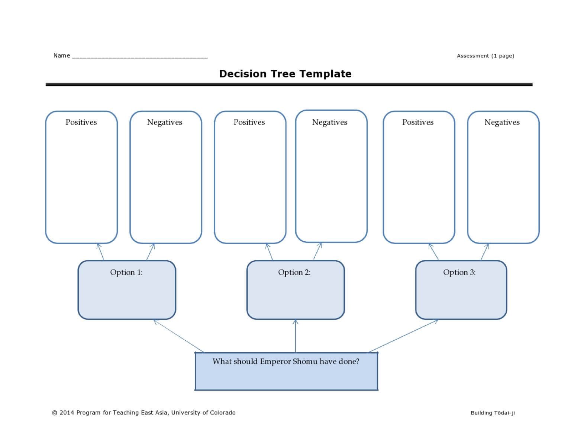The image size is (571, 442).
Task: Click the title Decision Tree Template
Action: coord(285,74)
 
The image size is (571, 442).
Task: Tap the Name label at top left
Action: coord(61,55)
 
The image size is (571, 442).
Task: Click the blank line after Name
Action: coord(139,57)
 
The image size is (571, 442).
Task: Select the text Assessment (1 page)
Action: coord(485,56)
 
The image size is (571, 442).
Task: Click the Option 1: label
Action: coord(126,272)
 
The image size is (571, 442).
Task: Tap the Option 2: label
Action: coord(294,272)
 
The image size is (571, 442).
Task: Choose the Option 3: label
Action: coord(459,272)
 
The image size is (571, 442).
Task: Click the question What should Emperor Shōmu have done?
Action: coord(285,361)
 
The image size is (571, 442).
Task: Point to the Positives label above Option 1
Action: coord(81,122)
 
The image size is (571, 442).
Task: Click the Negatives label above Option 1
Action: coord(165,122)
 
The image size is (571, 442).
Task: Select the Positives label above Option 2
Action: coord(249,122)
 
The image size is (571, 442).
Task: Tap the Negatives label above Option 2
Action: coord(330,122)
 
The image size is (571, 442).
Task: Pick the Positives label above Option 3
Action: coord(417,122)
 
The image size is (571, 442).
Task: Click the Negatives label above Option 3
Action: coord(502,122)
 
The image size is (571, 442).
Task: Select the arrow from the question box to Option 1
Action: coord(178,336)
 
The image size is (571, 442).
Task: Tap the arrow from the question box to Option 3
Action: coord(403,336)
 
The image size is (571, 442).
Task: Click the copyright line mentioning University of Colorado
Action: coord(143,413)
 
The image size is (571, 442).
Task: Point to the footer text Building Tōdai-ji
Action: coord(493,413)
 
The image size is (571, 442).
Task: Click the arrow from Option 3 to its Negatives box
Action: coord(485,252)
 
